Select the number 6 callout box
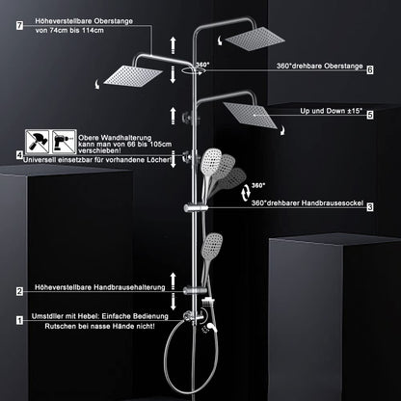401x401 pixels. point(370,69)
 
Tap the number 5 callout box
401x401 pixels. point(370,114)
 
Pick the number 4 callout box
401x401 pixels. point(20,154)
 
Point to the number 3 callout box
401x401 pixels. point(370,206)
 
